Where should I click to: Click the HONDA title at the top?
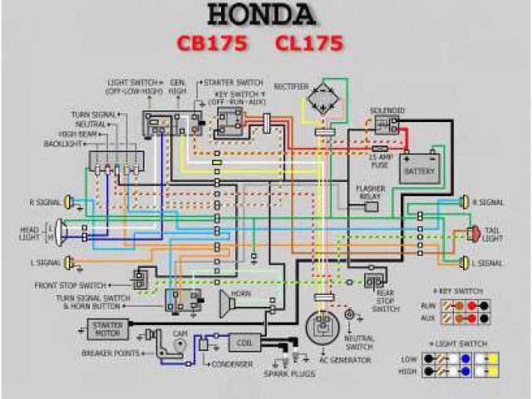coord(261,14)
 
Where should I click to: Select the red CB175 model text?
coord(210,42)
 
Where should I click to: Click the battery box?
coord(419,167)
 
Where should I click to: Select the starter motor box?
coord(107,328)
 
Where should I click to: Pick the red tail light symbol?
coord(474,234)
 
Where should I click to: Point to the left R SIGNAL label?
coord(43,202)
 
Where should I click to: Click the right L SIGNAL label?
coord(488,264)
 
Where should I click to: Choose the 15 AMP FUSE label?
coord(380,160)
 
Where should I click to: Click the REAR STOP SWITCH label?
coord(385,300)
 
